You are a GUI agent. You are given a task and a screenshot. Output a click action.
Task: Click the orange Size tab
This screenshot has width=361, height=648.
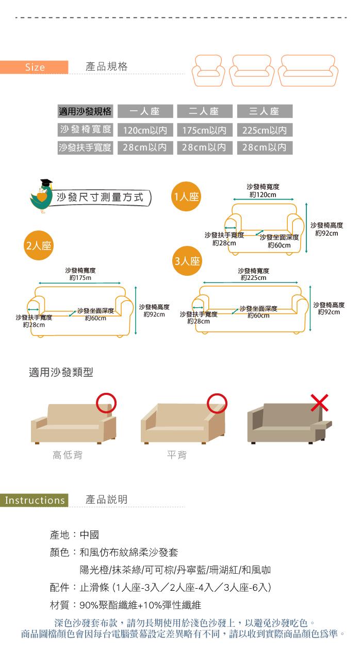(x=34, y=68)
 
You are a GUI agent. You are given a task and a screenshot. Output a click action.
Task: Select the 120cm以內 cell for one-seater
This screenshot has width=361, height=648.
(x=145, y=130)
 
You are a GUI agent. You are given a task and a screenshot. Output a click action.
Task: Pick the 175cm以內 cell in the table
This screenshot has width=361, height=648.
(x=204, y=130)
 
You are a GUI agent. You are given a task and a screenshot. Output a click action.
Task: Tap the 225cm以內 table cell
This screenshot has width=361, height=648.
(x=264, y=130)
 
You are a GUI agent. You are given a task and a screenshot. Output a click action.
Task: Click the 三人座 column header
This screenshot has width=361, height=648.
(x=264, y=111)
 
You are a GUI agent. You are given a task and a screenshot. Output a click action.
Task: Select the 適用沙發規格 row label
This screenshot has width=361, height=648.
(x=85, y=111)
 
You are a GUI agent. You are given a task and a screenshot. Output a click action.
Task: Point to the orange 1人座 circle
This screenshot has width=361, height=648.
(x=187, y=196)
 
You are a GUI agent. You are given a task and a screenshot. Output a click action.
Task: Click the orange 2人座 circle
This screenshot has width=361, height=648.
(x=39, y=245)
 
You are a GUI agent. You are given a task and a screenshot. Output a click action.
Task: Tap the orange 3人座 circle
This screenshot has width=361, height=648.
(x=187, y=261)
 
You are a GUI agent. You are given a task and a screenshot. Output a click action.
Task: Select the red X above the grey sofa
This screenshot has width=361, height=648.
(x=320, y=402)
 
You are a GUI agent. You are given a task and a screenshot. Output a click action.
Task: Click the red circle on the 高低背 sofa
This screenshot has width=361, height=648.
(x=106, y=403)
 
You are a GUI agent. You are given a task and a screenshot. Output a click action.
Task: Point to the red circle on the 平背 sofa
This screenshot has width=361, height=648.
(x=217, y=403)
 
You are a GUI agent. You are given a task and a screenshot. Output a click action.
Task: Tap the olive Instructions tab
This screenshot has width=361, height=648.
(x=34, y=500)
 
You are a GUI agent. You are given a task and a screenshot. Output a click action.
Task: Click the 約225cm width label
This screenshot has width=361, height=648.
(x=253, y=278)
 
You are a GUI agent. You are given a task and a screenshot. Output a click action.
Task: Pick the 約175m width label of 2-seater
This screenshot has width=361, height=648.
(x=80, y=278)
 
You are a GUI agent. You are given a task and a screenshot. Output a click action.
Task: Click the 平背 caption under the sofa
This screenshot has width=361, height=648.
(x=176, y=455)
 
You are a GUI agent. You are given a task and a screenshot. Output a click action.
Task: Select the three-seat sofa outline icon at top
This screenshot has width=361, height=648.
(x=308, y=72)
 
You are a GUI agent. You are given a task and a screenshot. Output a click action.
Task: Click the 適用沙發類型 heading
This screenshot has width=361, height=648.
(x=61, y=372)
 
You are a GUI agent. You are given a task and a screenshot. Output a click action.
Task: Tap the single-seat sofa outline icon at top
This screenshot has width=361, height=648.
(x=209, y=72)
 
